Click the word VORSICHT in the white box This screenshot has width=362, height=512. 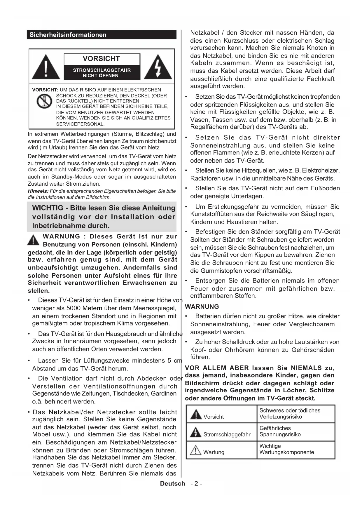point(101,59)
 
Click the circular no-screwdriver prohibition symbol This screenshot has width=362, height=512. point(44,101)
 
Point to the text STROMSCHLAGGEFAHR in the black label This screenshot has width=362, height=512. point(102,70)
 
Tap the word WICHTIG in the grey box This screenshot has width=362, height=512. point(48,208)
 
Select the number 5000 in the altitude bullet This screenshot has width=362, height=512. point(74,308)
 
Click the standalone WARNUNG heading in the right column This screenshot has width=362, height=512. point(202,306)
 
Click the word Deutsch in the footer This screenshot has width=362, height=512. point(172,483)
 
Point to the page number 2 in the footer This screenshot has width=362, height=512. point(196,483)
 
